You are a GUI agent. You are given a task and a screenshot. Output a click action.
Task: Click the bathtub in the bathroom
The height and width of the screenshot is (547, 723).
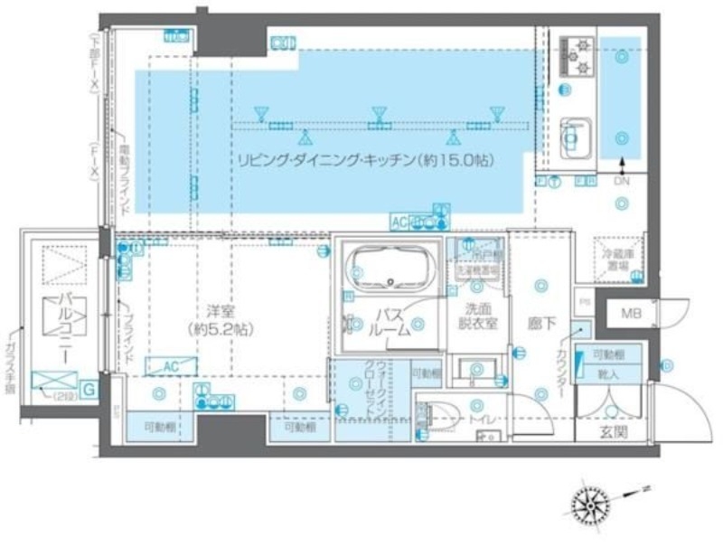[391, 268]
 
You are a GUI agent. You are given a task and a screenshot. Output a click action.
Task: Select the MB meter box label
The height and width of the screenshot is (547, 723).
[625, 314]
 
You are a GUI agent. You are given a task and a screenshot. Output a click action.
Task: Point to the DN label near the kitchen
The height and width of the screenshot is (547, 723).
[621, 182]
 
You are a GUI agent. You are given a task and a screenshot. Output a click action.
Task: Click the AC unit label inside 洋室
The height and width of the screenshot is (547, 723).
[161, 365]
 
